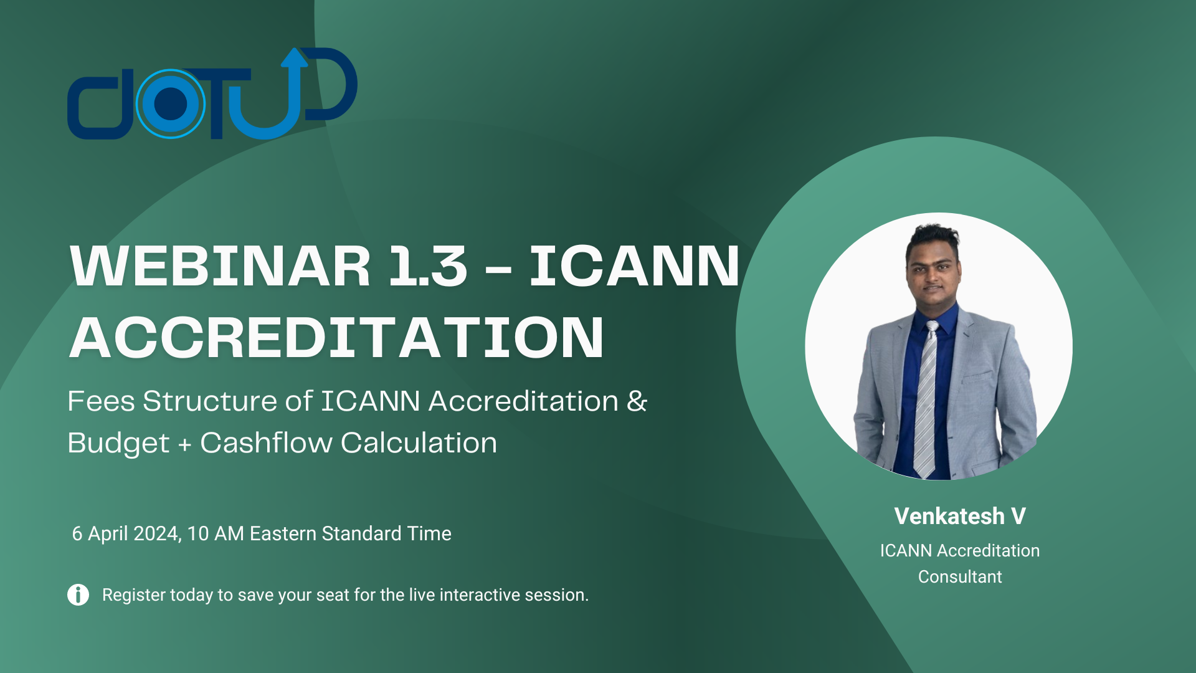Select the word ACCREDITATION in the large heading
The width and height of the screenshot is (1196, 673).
(336, 338)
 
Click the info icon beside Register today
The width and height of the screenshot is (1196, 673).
(78, 594)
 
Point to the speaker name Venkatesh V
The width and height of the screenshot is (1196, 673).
(959, 516)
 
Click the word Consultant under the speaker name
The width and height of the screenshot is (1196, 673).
(959, 577)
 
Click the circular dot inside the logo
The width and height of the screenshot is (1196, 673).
(170, 104)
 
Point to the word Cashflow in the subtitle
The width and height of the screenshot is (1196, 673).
(266, 443)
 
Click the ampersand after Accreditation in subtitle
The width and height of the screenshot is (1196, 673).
(637, 401)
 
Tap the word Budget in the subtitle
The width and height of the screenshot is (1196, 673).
(118, 443)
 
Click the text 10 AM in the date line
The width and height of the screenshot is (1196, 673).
(215, 534)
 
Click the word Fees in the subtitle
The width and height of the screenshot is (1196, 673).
(101, 401)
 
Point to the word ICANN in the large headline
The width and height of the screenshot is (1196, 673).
(634, 267)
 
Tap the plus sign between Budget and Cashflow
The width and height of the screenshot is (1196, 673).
(184, 444)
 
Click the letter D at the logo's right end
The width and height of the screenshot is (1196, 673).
(333, 84)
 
